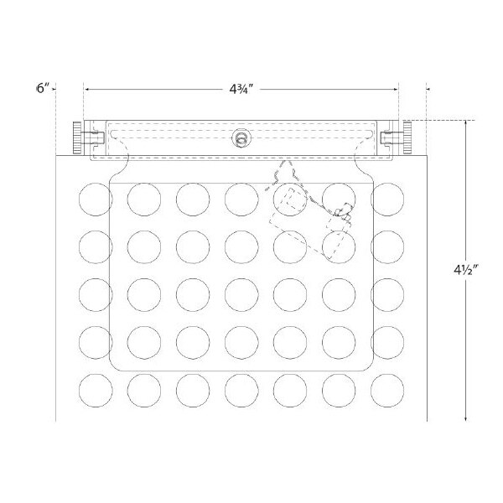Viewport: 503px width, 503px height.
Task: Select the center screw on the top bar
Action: click(x=241, y=137)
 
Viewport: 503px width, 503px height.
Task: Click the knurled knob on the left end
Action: click(x=77, y=137)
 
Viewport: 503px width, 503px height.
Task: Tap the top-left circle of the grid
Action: click(x=95, y=199)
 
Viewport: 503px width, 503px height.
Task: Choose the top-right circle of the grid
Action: click(x=388, y=199)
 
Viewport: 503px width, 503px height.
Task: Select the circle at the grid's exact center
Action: click(x=241, y=293)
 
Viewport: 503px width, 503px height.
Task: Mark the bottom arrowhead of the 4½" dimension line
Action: click(x=465, y=419)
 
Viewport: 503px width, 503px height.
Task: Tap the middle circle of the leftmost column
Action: click(x=95, y=293)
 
